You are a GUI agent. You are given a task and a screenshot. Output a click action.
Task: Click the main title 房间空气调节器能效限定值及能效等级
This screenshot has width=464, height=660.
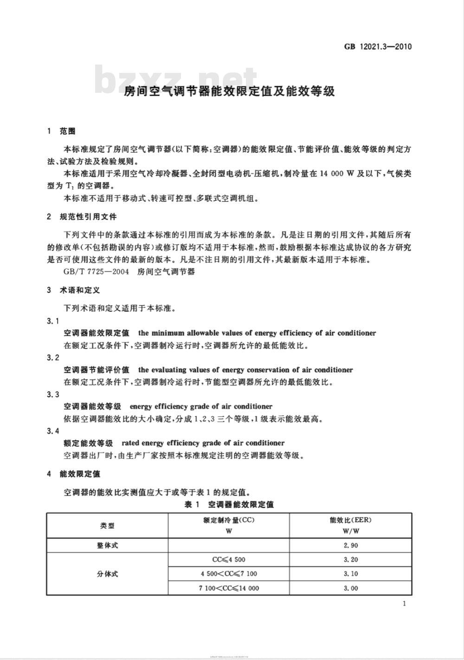click(229, 91)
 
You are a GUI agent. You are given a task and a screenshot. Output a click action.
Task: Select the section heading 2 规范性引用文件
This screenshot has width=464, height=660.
click(82, 217)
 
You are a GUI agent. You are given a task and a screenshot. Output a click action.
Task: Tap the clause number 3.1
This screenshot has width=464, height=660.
click(53, 321)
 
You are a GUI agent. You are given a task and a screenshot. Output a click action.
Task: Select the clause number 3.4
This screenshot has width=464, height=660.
click(53, 431)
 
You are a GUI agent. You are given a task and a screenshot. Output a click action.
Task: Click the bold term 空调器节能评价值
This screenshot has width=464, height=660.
click(97, 370)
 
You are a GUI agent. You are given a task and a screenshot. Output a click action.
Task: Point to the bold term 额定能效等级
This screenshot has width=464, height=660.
click(88, 443)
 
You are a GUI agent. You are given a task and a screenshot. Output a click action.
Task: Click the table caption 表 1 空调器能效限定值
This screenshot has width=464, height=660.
click(229, 505)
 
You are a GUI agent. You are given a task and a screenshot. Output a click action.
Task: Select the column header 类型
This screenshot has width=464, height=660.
click(107, 525)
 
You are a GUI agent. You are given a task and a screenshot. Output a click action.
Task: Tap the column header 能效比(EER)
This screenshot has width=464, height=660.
click(350, 520)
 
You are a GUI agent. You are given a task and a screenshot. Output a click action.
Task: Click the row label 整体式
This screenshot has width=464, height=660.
click(107, 545)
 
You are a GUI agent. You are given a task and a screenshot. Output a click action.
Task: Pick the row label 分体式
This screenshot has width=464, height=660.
click(107, 574)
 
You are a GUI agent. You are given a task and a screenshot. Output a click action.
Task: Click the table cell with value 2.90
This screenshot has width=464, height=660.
click(351, 545)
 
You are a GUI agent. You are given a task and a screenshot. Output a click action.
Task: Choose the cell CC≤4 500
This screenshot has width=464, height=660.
click(229, 560)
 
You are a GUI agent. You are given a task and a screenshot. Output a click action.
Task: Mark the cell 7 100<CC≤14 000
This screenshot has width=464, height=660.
click(229, 588)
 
